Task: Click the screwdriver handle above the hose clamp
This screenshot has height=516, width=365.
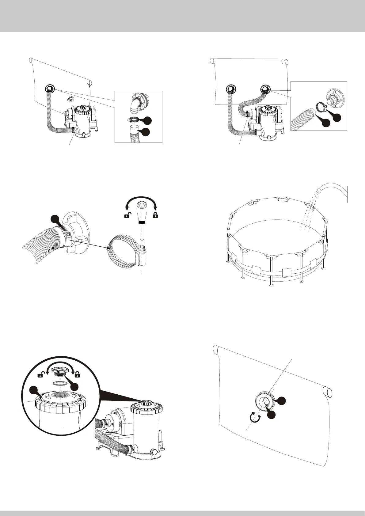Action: coord(142,211)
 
